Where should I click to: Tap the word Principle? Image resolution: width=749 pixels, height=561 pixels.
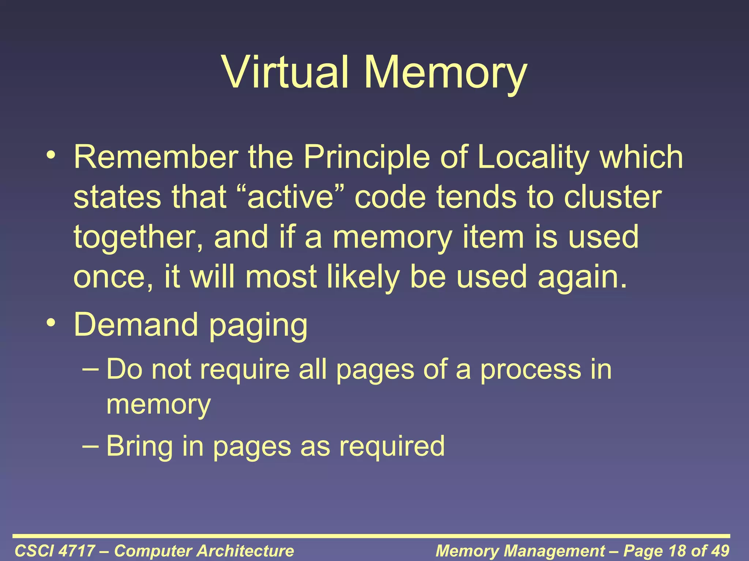[x=366, y=158]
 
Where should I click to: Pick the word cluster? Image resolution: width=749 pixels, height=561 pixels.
[x=613, y=197]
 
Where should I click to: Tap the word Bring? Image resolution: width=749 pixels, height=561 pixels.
[x=139, y=446]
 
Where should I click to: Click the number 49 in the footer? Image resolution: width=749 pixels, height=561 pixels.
[x=719, y=551]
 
